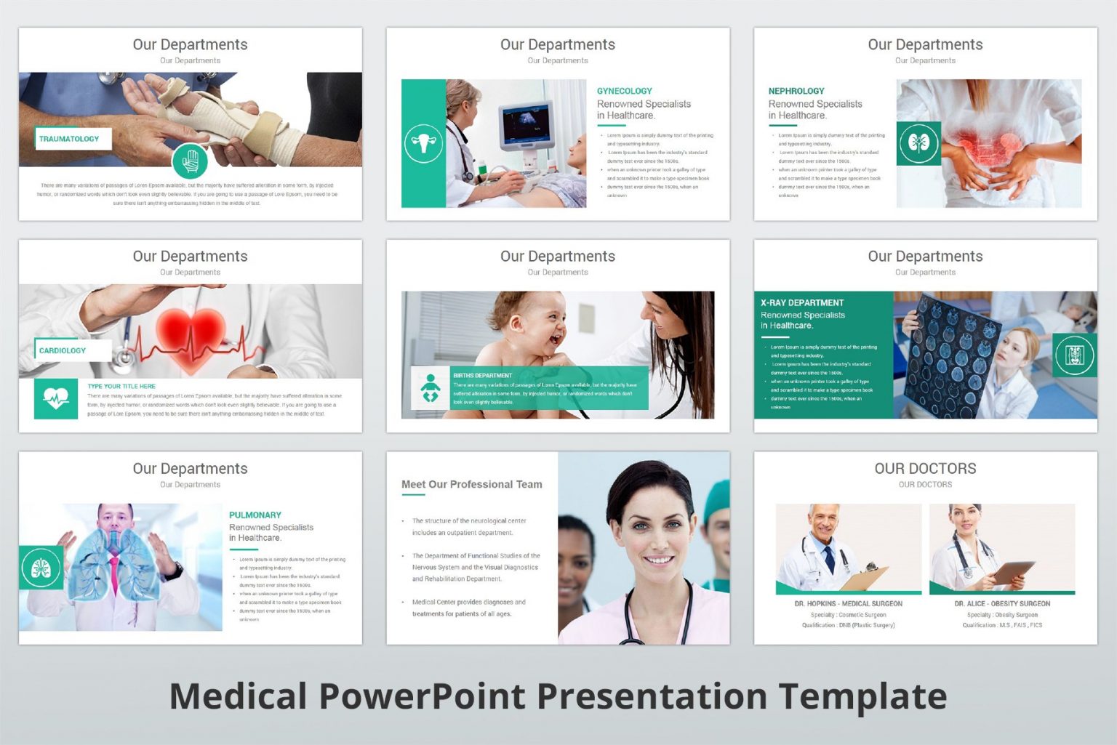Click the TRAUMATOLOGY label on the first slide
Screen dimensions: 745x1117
pyautogui.click(x=69, y=139)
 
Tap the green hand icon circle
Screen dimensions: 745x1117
pyautogui.click(x=191, y=161)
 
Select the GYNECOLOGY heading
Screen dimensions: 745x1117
pyautogui.click(x=624, y=91)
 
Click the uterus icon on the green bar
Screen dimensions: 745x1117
pyautogui.click(x=423, y=143)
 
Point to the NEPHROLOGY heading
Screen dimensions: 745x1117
pyautogui.click(x=796, y=91)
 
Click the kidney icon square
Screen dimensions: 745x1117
pyautogui.click(x=918, y=143)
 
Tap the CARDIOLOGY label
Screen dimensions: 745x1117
pyautogui.click(x=63, y=350)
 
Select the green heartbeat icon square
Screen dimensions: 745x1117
pyautogui.click(x=56, y=398)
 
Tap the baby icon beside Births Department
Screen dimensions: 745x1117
pyautogui.click(x=431, y=388)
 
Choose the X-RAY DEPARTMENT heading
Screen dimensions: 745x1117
pyautogui.click(x=802, y=302)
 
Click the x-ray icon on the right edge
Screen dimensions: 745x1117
pyautogui.click(x=1075, y=355)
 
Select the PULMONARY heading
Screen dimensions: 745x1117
pyautogui.click(x=255, y=515)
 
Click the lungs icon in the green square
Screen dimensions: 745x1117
pyautogui.click(x=41, y=567)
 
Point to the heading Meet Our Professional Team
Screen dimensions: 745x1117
pyautogui.click(x=471, y=484)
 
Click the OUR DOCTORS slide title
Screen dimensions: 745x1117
pyautogui.click(x=925, y=469)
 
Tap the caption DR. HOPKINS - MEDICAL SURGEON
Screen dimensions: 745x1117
pyautogui.click(x=848, y=603)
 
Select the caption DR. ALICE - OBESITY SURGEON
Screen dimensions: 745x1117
pyautogui.click(x=1002, y=603)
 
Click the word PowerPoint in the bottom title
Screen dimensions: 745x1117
pyautogui.click(x=428, y=696)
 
